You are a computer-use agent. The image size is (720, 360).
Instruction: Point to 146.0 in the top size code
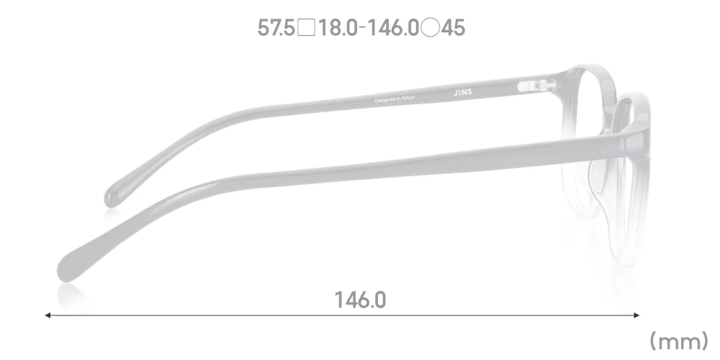(395, 28)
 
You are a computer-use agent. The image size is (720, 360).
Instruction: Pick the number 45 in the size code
(454, 28)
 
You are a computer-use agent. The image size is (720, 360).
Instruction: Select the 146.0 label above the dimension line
(359, 300)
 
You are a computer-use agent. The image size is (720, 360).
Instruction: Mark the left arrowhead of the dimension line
(48, 315)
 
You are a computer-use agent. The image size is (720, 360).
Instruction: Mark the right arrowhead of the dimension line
(636, 315)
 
